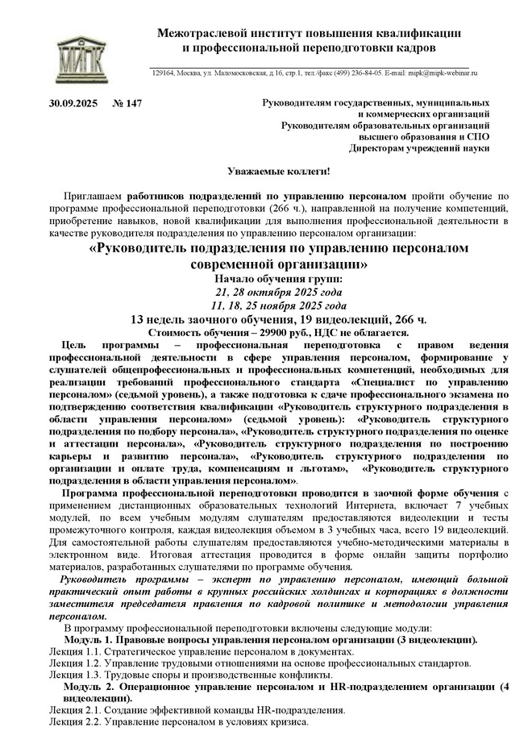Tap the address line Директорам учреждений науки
pyautogui.click(x=418, y=148)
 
